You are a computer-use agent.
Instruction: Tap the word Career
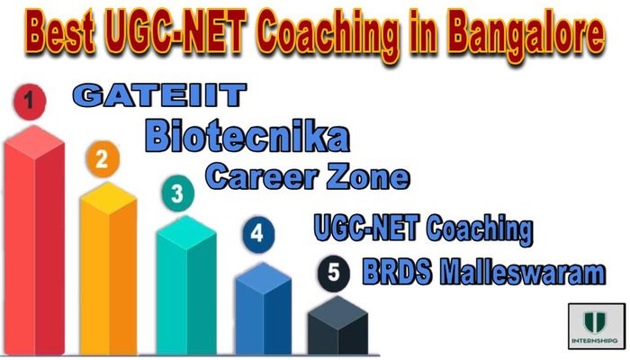click(257, 177)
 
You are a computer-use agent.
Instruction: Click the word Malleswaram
click(524, 273)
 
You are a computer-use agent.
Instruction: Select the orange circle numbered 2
click(102, 159)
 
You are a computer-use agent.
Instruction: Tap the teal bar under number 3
click(184, 288)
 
